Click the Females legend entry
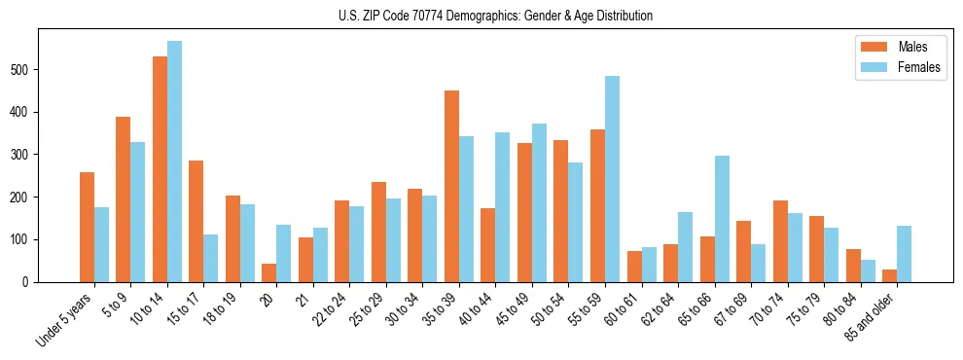click(899, 67)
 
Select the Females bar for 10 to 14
click(174, 162)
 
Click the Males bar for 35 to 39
click(451, 186)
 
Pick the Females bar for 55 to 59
click(612, 179)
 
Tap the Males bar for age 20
click(269, 272)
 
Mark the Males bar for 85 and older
click(889, 275)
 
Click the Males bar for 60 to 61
click(634, 267)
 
